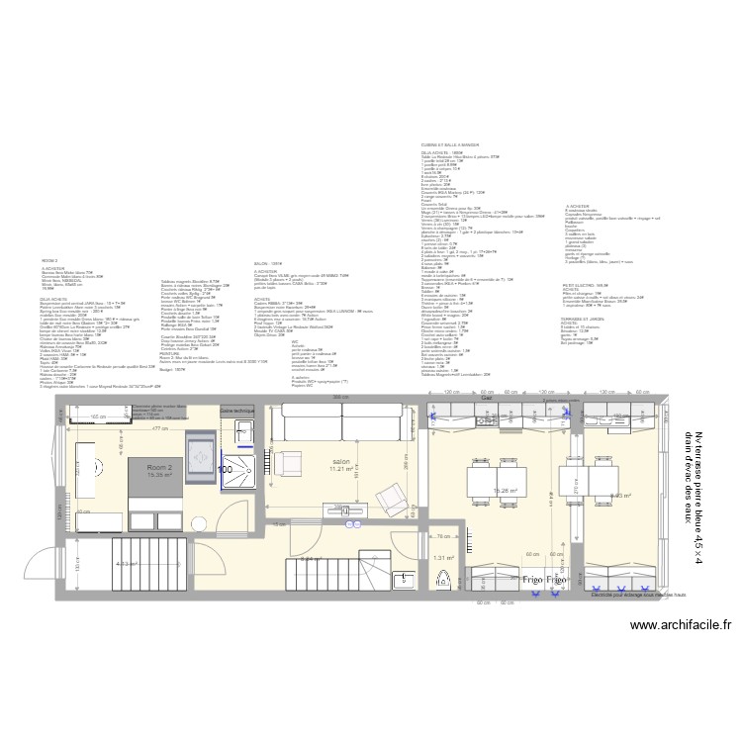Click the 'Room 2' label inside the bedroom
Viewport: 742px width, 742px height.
(x=159, y=466)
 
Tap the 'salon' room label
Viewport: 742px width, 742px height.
(x=341, y=461)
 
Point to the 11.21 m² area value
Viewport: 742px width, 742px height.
(x=341, y=469)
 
